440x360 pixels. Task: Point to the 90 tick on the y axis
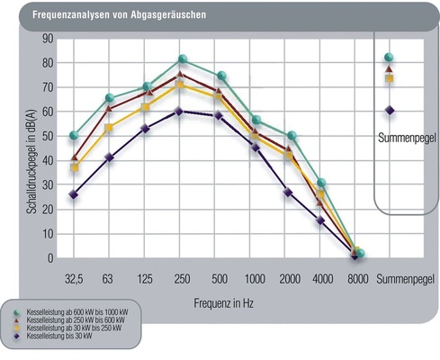coord(48,39)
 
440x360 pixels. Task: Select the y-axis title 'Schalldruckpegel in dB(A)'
coord(20,149)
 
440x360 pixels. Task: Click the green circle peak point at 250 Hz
coord(183,59)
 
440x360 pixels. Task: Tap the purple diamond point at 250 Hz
coord(179,112)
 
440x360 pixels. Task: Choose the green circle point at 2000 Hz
coord(292,136)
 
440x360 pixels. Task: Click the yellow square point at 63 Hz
coord(109,128)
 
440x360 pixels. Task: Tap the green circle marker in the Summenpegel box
coord(390,58)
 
